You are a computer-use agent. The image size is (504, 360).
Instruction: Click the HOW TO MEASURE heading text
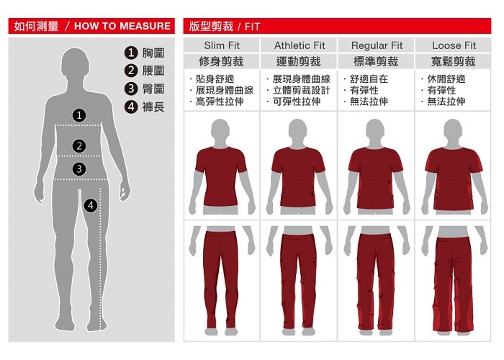[x=122, y=26]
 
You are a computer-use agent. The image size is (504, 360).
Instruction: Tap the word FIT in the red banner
[x=252, y=27]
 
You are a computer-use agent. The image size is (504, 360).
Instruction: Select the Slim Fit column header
[x=222, y=45]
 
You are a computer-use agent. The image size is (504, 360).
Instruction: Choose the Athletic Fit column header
[x=300, y=45]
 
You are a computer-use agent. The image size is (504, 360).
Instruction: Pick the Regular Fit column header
[x=377, y=45]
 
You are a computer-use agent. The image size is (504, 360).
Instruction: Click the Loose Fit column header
[x=454, y=45]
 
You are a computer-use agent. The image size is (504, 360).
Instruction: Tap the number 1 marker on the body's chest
[x=79, y=115]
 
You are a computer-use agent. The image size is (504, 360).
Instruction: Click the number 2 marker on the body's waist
[x=79, y=146]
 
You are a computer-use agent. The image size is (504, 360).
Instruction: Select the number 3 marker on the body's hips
[x=79, y=168]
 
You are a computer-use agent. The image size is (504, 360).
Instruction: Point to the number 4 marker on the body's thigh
[x=91, y=205]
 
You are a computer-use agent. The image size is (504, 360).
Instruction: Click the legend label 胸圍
[x=153, y=53]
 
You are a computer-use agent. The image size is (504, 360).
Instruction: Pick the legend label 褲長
[x=153, y=107]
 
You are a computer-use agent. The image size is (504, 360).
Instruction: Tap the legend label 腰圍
[x=153, y=71]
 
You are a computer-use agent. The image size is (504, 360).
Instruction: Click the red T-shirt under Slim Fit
[x=221, y=177]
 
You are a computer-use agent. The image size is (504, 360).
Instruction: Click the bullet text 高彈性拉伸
[x=220, y=102]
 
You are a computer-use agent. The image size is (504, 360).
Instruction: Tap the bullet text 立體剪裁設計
[x=301, y=90]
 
